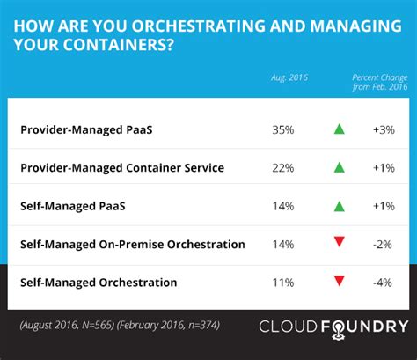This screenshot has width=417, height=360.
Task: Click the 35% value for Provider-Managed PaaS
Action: click(x=284, y=129)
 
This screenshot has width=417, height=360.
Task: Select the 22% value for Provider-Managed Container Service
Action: click(x=284, y=168)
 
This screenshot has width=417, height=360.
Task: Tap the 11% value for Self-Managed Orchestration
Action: click(x=284, y=283)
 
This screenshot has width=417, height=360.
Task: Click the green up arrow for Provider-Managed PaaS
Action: click(x=338, y=129)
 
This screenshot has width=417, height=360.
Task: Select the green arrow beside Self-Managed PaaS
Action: click(x=338, y=206)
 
